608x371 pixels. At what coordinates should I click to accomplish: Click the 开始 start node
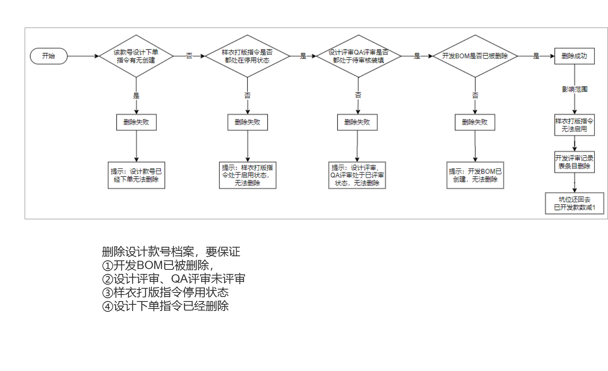(x=49, y=56)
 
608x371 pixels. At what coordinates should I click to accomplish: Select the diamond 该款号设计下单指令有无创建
(x=136, y=56)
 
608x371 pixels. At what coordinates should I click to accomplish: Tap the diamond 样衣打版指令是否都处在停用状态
(x=247, y=56)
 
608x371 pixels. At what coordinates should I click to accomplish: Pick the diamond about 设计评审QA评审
(x=358, y=56)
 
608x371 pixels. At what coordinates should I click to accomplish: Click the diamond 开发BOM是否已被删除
(x=475, y=56)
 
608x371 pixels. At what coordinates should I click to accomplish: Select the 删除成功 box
(x=574, y=56)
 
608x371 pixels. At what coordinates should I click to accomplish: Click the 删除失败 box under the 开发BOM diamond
(x=475, y=122)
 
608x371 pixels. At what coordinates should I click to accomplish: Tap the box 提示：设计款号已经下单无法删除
(x=136, y=175)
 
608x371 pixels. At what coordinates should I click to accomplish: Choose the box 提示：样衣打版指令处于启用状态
(x=247, y=175)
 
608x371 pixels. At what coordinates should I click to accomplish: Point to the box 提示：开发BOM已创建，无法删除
(x=475, y=175)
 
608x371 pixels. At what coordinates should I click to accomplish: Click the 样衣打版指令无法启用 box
(x=574, y=125)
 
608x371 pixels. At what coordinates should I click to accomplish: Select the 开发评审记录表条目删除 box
(x=574, y=162)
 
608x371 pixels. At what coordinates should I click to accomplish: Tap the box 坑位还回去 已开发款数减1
(x=574, y=203)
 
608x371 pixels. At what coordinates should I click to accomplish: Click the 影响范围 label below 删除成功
(x=575, y=89)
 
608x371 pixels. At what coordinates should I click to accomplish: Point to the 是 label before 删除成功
(x=536, y=56)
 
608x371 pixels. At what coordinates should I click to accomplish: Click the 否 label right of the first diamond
(x=189, y=56)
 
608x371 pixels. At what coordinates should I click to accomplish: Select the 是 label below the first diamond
(x=136, y=96)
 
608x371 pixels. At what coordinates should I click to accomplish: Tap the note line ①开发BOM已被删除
(x=158, y=265)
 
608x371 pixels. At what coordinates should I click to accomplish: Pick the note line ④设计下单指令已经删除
(x=165, y=306)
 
